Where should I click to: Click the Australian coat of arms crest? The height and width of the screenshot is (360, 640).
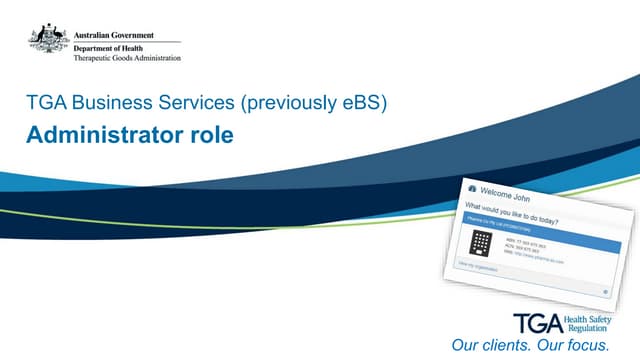point(48,40)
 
